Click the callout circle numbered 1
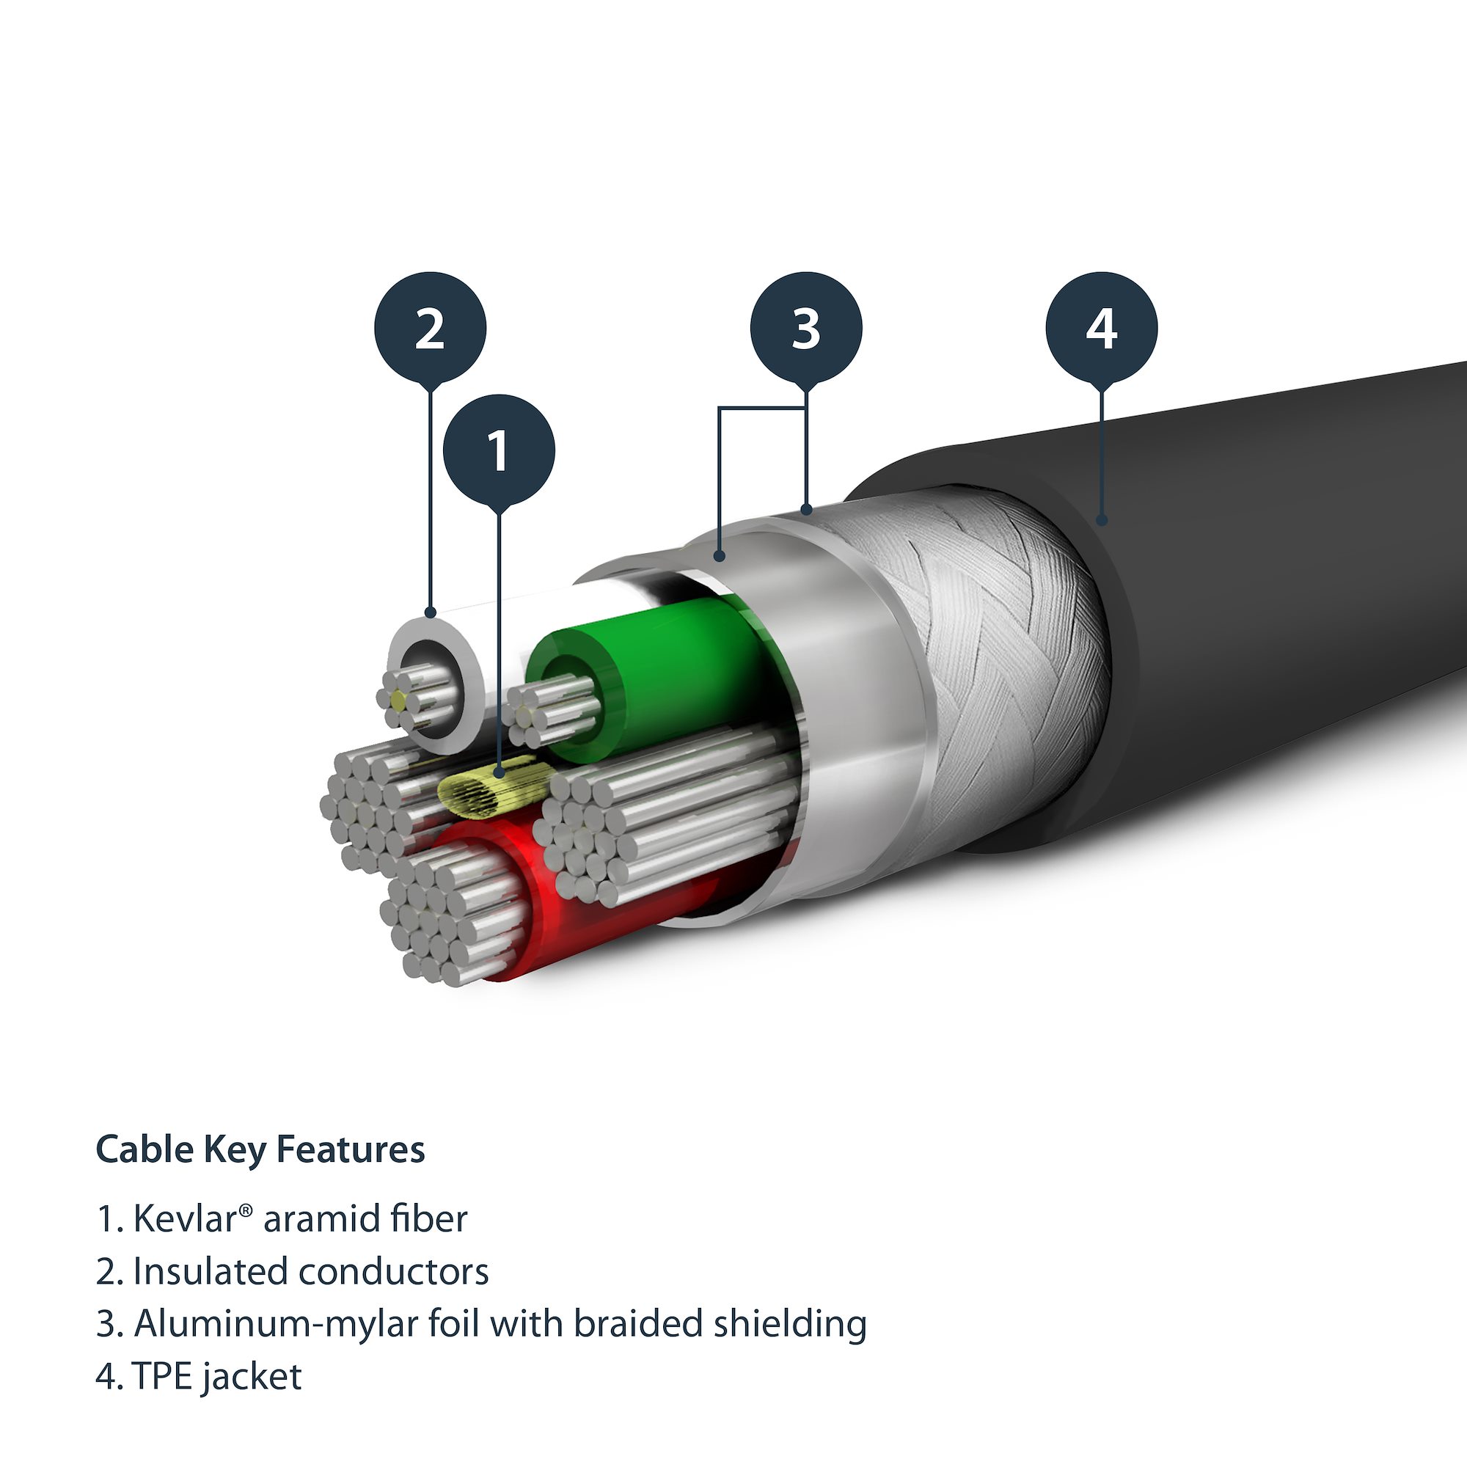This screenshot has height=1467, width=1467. pyautogui.click(x=499, y=450)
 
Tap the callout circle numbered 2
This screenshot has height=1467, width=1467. pyautogui.click(x=430, y=328)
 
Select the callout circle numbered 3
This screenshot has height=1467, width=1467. pyautogui.click(x=805, y=328)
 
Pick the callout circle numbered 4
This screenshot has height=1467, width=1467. pyautogui.click(x=1101, y=328)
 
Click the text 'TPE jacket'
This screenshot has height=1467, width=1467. pyautogui.click(x=216, y=1377)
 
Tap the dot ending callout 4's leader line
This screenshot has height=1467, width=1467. pyautogui.click(x=1102, y=519)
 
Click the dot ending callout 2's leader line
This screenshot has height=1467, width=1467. pyautogui.click(x=431, y=611)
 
